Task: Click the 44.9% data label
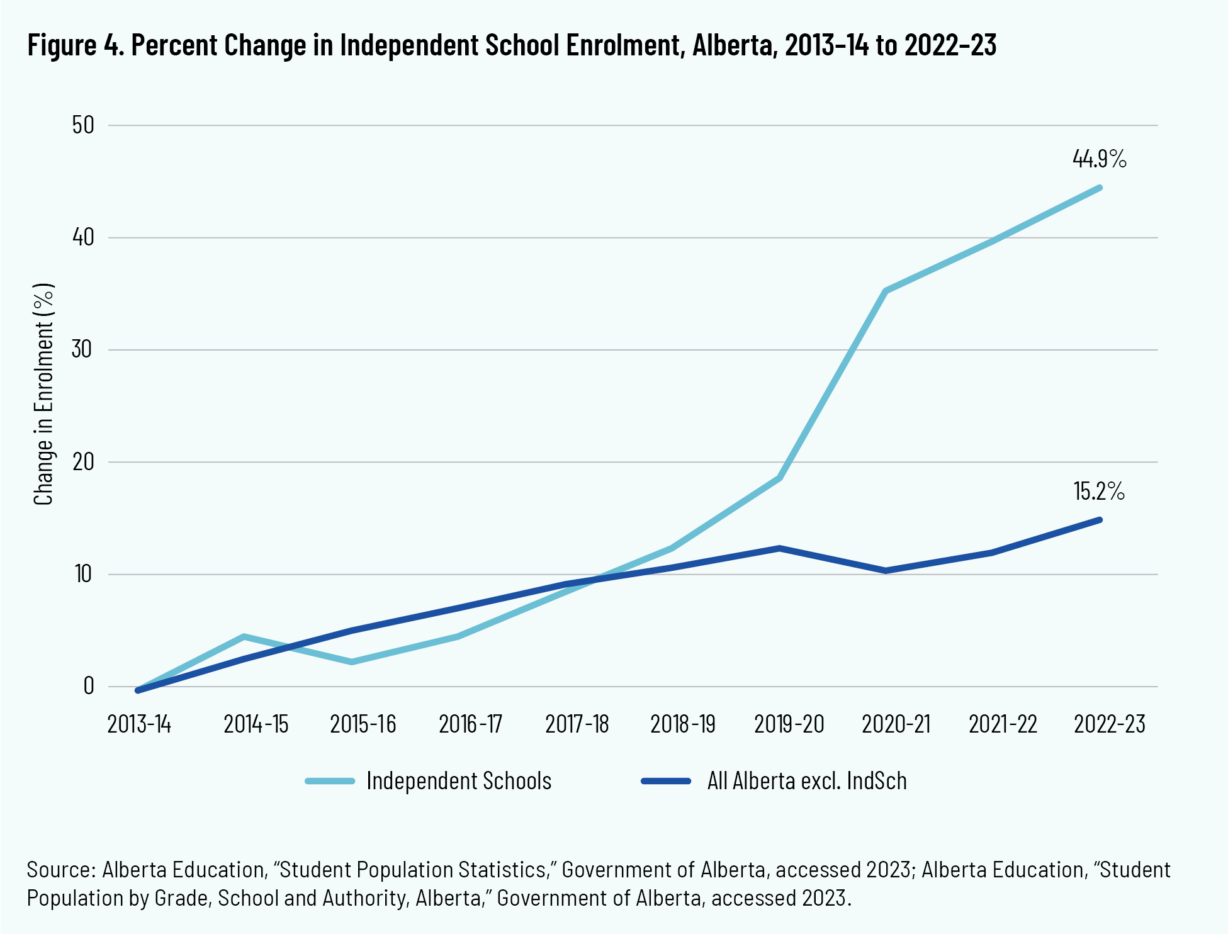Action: (1099, 159)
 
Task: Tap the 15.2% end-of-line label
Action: (1099, 492)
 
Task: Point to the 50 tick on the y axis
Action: (83, 125)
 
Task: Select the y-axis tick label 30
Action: (83, 349)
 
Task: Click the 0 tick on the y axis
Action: (89, 686)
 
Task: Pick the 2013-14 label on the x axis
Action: (139, 724)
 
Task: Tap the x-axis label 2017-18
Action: (577, 724)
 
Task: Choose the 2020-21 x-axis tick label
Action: (896, 724)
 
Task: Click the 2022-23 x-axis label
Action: (1110, 724)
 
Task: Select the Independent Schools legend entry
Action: (459, 781)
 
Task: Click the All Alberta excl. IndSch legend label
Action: (807, 781)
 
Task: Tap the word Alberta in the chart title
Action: (733, 45)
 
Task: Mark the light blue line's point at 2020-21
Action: (886, 291)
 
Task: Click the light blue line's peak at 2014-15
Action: (244, 637)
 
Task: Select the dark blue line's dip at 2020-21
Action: (886, 571)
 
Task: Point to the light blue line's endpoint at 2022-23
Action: (1100, 188)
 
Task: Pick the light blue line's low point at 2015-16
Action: (351, 661)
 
